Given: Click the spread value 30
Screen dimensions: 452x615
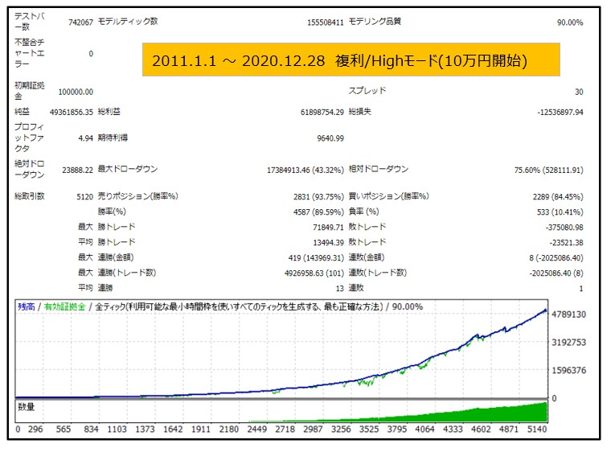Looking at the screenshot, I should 579,92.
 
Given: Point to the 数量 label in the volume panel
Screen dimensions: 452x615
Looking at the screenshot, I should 27,407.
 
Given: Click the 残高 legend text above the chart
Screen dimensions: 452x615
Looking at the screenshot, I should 27,306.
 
